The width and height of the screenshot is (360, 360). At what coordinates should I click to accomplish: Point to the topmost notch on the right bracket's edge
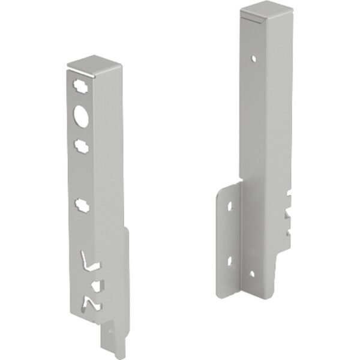pos(290,195)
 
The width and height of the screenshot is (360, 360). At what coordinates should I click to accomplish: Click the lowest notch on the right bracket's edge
pos(290,229)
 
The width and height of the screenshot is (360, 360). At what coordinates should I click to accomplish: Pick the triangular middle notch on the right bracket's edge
pos(289,211)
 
